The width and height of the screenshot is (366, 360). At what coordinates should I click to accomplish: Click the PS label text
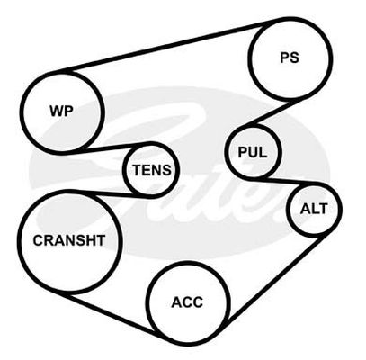[x=290, y=58]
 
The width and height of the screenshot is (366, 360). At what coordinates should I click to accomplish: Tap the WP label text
[x=61, y=112]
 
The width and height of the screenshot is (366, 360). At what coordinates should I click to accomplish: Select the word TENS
[x=152, y=170]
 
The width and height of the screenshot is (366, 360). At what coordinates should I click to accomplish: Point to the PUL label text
[x=252, y=152]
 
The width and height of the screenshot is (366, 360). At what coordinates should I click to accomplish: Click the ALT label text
[x=314, y=209]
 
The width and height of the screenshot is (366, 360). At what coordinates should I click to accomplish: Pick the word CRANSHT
[x=69, y=240]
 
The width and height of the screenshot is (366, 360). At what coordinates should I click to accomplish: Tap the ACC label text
[x=187, y=302]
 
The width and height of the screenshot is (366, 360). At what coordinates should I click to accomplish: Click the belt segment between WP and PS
[x=171, y=45]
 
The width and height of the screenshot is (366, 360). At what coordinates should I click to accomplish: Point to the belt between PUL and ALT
[x=281, y=182]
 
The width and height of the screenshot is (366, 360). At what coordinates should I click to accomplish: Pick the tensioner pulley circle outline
[x=124, y=170]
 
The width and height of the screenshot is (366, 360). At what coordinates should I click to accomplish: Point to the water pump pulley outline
[x=22, y=112]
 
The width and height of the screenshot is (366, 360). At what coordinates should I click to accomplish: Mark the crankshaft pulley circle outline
[x=19, y=241]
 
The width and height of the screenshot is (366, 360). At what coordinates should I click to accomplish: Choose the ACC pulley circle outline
[x=149, y=303]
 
